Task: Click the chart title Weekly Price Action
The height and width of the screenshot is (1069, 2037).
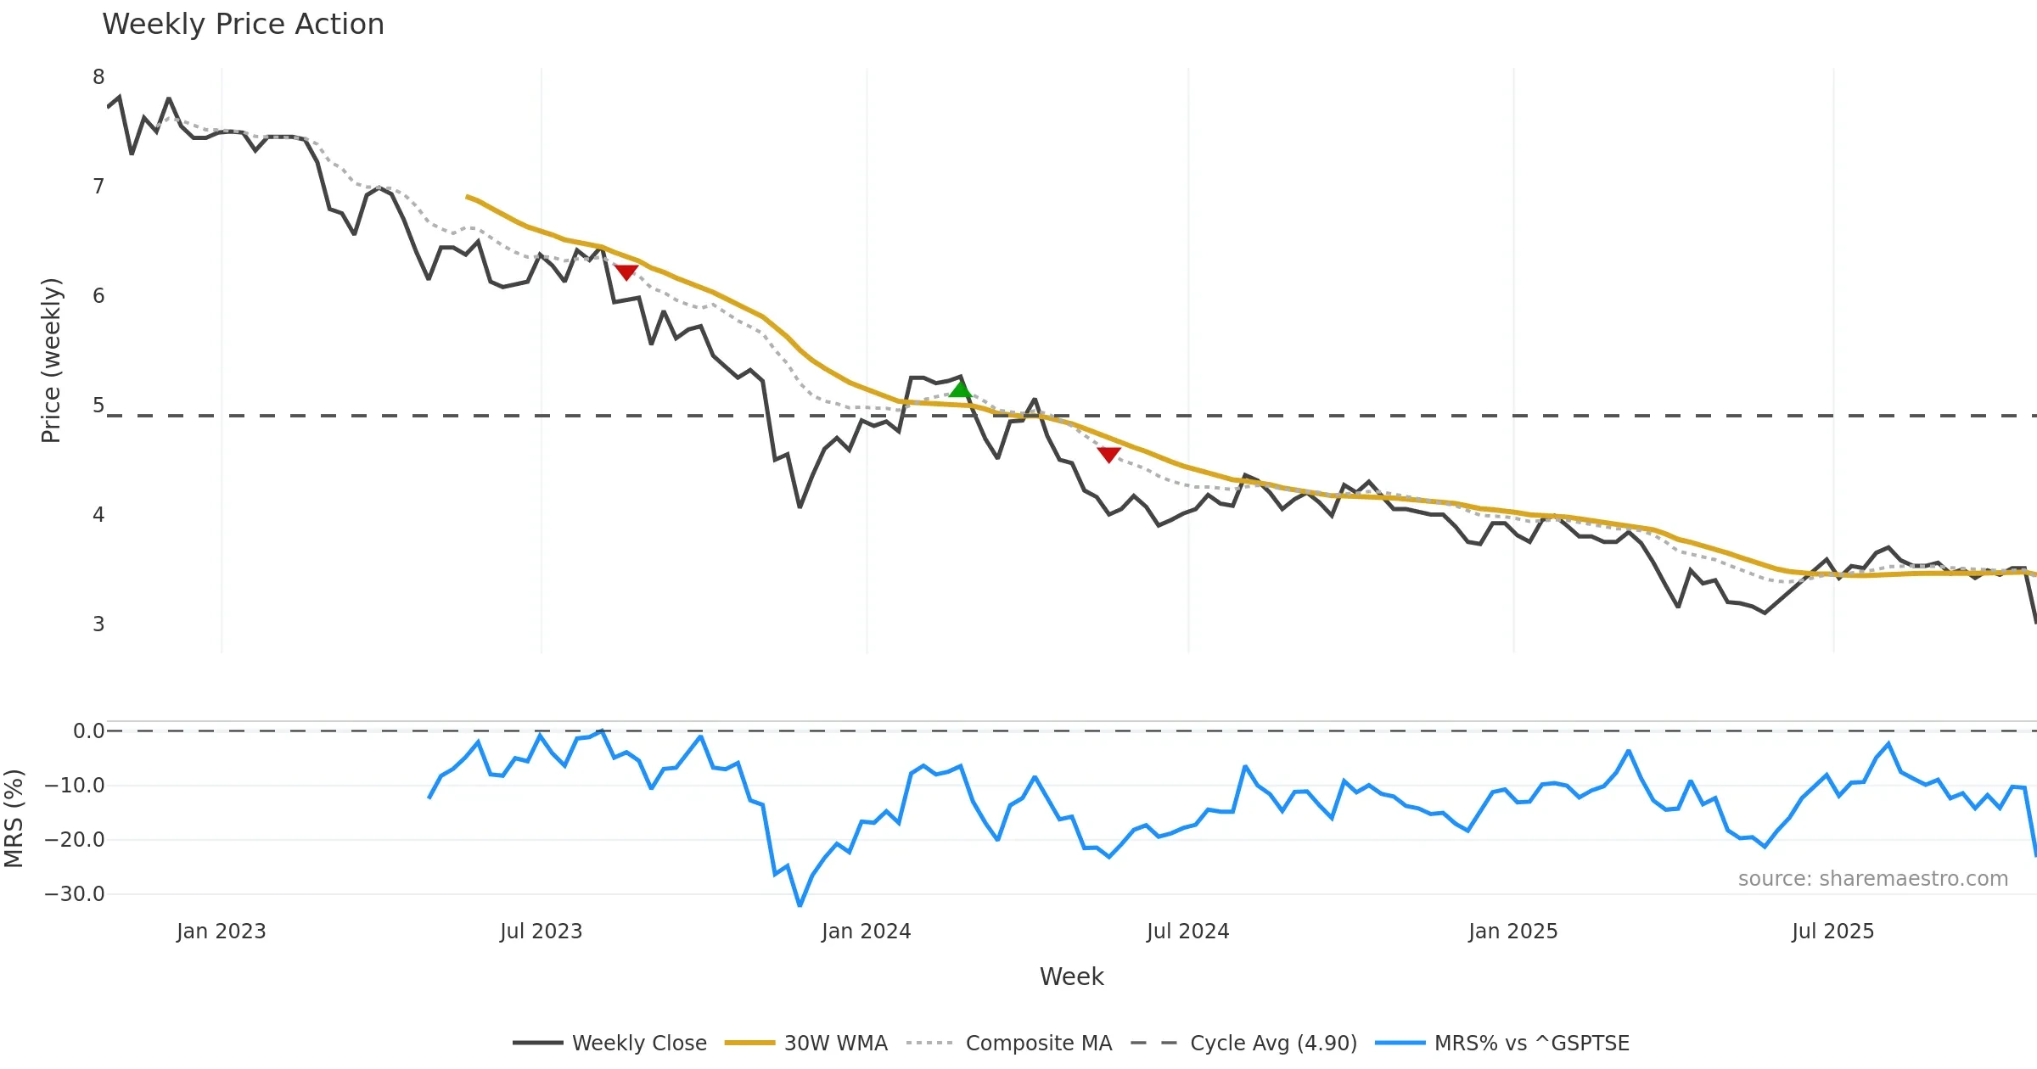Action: pyautogui.click(x=243, y=25)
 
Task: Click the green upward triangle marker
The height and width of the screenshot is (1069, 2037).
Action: pyautogui.click(x=960, y=389)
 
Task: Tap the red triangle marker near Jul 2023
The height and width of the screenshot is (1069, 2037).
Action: pyautogui.click(x=626, y=271)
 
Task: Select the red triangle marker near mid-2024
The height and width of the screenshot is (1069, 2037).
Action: pyautogui.click(x=1108, y=455)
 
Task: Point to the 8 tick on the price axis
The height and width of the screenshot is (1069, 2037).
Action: pyautogui.click(x=98, y=77)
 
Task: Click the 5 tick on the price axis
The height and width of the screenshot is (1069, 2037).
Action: pyautogui.click(x=98, y=406)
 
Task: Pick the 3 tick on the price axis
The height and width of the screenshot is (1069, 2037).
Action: pyautogui.click(x=98, y=624)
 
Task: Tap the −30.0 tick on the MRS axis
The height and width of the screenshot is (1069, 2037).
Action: pyautogui.click(x=75, y=894)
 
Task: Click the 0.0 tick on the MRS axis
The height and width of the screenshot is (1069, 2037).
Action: pyautogui.click(x=88, y=731)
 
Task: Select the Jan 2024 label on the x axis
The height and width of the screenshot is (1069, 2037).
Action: pyautogui.click(x=866, y=932)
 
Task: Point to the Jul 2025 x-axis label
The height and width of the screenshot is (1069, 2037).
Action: pyautogui.click(x=1832, y=932)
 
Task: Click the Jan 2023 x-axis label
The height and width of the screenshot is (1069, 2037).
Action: pyautogui.click(x=221, y=932)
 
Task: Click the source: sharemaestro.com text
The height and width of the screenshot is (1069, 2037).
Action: pyautogui.click(x=1872, y=879)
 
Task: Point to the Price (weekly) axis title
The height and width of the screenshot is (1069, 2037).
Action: pyautogui.click(x=51, y=361)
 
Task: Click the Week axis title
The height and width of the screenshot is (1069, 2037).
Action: pyautogui.click(x=1071, y=977)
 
